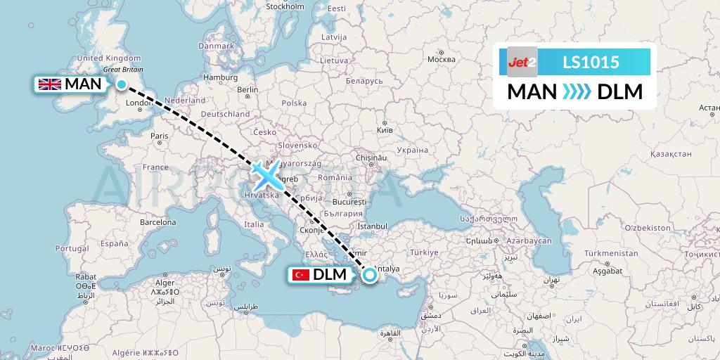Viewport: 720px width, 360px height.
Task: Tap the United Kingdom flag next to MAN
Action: click(x=50, y=84)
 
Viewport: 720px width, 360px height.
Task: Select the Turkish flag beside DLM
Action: click(x=301, y=275)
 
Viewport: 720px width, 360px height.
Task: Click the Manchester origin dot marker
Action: click(x=122, y=85)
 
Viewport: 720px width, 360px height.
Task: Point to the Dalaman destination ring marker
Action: click(x=369, y=275)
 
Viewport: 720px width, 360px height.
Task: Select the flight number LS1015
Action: click(x=591, y=62)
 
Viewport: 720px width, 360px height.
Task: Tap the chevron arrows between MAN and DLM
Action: click(x=577, y=92)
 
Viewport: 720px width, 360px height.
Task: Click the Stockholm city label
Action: click(x=285, y=6)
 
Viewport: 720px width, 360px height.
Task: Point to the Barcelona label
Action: click(x=157, y=221)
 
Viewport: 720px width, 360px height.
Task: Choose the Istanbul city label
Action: click(x=372, y=226)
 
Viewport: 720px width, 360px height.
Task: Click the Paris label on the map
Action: click(x=160, y=136)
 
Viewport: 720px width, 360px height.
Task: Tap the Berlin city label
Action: click(x=248, y=89)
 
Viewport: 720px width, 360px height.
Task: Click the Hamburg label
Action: click(x=217, y=77)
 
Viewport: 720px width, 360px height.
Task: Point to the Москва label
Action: click(x=442, y=58)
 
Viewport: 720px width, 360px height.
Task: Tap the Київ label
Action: click(x=385, y=131)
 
